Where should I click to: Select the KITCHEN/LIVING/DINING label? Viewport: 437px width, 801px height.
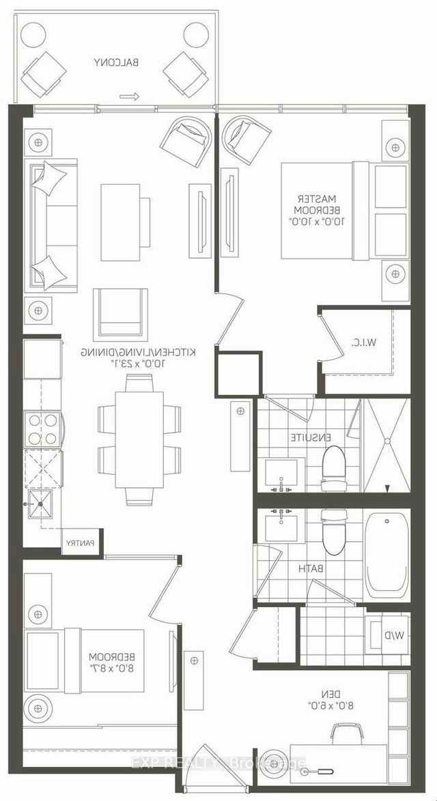point(139,351)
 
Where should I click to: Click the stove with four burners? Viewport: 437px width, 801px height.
point(42,428)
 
